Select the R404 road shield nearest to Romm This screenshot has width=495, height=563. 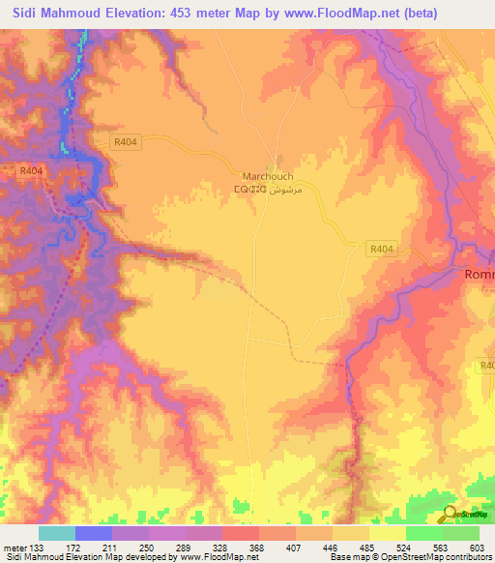tap(382, 249)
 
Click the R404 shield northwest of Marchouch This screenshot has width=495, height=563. tap(125, 140)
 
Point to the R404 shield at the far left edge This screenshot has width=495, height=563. tap(32, 170)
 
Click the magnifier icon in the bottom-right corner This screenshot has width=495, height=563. tap(451, 516)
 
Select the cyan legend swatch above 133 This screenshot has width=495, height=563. tap(57, 533)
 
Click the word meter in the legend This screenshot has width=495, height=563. tap(17, 548)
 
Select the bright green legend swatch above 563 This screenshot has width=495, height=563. tap(423, 533)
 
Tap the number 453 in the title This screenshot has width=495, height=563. tap(167, 13)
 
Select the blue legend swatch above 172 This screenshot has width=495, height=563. tap(94, 533)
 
